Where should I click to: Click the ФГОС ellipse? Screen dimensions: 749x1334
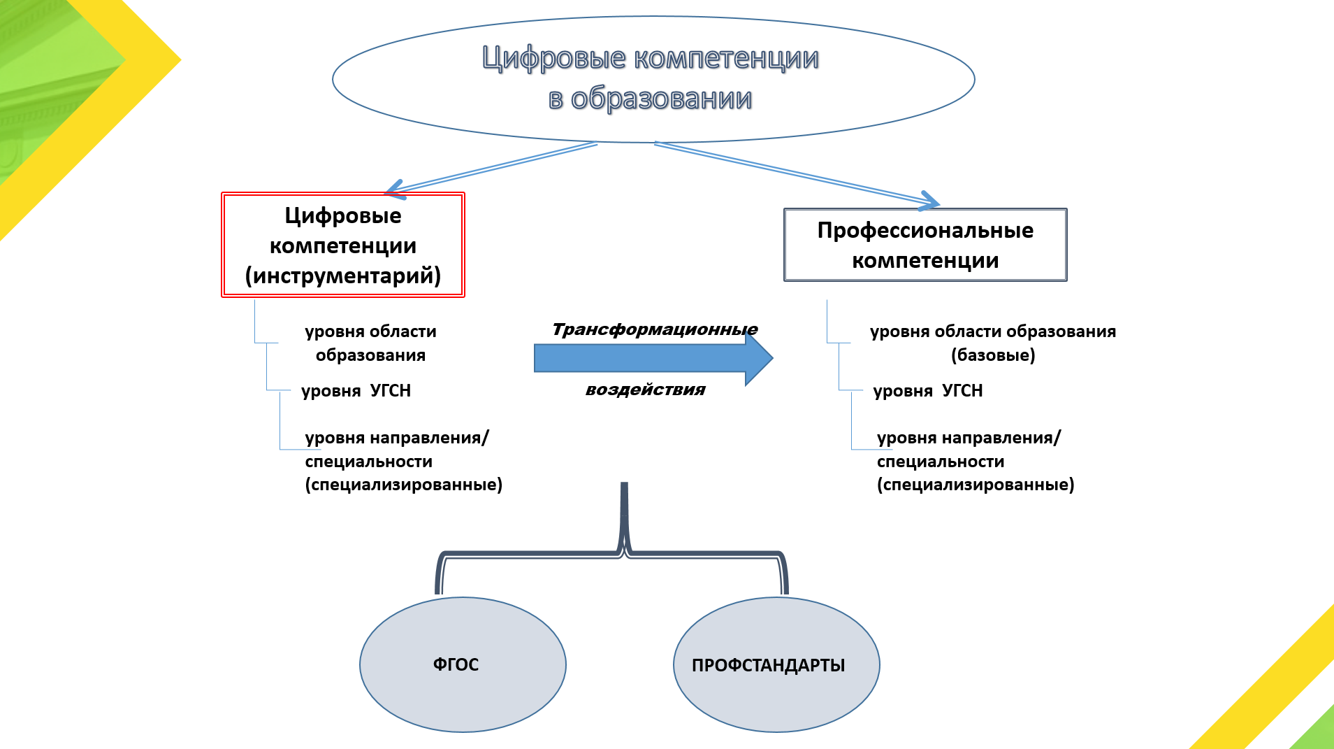tap(462, 664)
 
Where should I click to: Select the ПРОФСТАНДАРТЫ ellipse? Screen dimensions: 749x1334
tap(776, 665)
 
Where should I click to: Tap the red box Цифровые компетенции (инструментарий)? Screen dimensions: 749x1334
tap(343, 245)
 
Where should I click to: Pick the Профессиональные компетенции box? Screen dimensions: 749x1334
tap(925, 245)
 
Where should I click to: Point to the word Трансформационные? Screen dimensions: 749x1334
tap(654, 329)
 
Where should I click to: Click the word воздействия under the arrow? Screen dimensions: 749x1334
tap(645, 390)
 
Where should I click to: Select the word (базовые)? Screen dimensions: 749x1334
tap(993, 355)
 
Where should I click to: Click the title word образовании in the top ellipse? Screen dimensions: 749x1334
tap(661, 99)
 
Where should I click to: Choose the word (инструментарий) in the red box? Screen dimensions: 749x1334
tap(343, 276)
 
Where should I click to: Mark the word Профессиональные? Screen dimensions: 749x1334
tap(925, 230)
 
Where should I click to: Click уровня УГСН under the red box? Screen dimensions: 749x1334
tap(356, 390)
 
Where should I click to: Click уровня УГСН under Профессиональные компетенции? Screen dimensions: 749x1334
tap(928, 390)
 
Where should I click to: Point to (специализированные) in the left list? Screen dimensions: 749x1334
tap(404, 485)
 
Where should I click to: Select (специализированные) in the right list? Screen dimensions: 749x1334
tap(976, 485)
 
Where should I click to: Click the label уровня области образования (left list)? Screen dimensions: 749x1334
tap(370, 343)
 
